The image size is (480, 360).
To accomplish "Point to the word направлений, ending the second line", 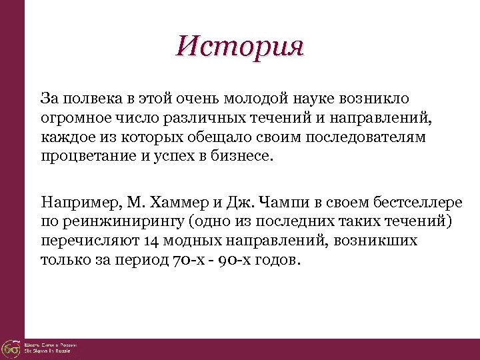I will coord(393,119).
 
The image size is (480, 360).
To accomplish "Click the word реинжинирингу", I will coord(122,220).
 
